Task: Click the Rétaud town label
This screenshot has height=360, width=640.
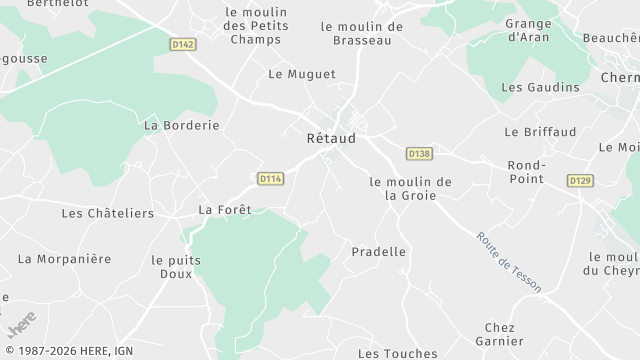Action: (x=330, y=139)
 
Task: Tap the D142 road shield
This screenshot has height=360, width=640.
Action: (x=182, y=44)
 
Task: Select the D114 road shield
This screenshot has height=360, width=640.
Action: (x=271, y=179)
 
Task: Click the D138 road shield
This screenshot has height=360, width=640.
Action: (x=419, y=153)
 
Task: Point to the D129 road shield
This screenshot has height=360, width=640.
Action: (x=580, y=180)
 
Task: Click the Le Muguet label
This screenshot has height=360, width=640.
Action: (x=302, y=74)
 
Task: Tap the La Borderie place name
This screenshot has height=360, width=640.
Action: (x=181, y=125)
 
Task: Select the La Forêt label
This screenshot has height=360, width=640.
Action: (x=224, y=210)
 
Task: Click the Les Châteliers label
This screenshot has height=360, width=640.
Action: (x=108, y=213)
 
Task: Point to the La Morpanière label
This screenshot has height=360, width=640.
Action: (x=64, y=259)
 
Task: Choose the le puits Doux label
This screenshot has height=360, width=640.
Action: (x=176, y=266)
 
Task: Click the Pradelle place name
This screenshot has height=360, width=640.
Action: (x=379, y=252)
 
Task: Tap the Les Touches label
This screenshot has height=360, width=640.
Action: (x=397, y=353)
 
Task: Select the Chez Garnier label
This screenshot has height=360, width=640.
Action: (x=499, y=335)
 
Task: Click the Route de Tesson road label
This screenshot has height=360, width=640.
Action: (x=509, y=262)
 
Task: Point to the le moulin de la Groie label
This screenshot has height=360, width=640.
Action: (x=410, y=188)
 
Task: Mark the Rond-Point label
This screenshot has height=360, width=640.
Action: (x=526, y=171)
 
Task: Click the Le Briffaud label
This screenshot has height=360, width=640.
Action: (x=540, y=131)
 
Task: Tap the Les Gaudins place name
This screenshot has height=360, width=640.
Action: (x=540, y=87)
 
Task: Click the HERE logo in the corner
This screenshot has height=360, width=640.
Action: (x=21, y=324)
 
